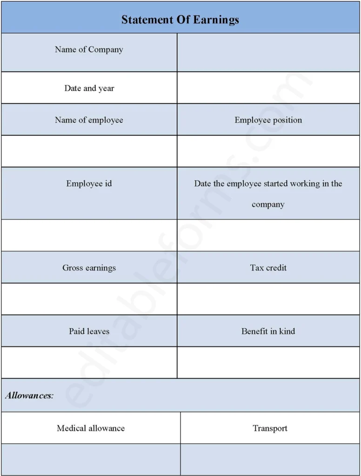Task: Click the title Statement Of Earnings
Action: pyautogui.click(x=180, y=20)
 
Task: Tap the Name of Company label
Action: pyautogui.click(x=89, y=50)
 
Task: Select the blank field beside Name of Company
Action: pyautogui.click(x=268, y=53)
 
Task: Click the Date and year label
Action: pyautogui.click(x=89, y=88)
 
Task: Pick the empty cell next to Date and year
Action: pyautogui.click(x=268, y=88)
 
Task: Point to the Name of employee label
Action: pyautogui.click(x=89, y=120)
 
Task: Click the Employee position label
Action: pyautogui.click(x=268, y=120)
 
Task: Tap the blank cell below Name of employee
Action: pyautogui.click(x=89, y=152)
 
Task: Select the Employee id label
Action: pyautogui.click(x=89, y=184)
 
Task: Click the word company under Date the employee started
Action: pyautogui.click(x=268, y=205)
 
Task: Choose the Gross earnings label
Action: pyautogui.click(x=89, y=268)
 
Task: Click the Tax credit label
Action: pyautogui.click(x=268, y=268)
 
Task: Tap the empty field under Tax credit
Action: pyautogui.click(x=268, y=299)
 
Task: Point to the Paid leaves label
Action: pyautogui.click(x=89, y=331)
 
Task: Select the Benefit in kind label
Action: pyautogui.click(x=268, y=331)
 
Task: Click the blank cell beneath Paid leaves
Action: pyautogui.click(x=89, y=363)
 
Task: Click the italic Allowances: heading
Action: pyautogui.click(x=29, y=396)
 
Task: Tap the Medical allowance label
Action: pyautogui.click(x=91, y=428)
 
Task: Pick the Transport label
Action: pyautogui.click(x=270, y=428)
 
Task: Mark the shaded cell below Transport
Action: pyautogui.click(x=270, y=459)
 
